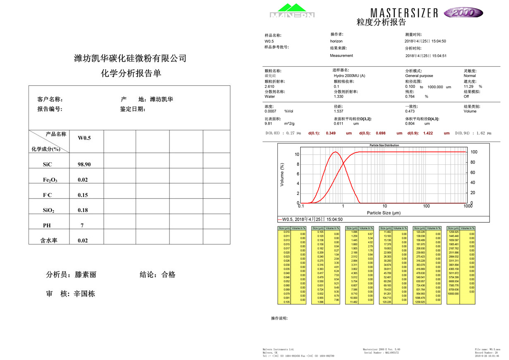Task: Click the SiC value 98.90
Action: click(x=84, y=164)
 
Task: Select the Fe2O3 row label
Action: click(x=50, y=180)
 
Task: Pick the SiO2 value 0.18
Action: click(x=83, y=210)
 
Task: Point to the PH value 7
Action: click(x=82, y=226)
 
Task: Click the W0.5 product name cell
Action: click(x=84, y=138)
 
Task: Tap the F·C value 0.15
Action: click(x=83, y=195)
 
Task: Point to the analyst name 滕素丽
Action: click(x=86, y=274)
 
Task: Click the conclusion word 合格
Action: click(x=168, y=274)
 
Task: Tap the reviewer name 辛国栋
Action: click(x=84, y=294)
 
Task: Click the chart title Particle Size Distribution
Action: click(x=384, y=145)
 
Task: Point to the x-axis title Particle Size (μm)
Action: click(x=384, y=213)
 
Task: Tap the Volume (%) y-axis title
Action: click(x=282, y=174)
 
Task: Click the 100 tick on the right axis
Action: click(x=474, y=152)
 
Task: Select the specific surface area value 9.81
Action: click(x=268, y=123)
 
